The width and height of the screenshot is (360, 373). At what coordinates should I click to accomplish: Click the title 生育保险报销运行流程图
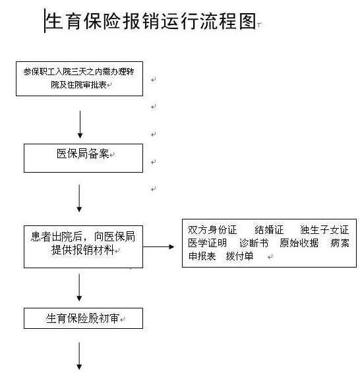(x=150, y=22)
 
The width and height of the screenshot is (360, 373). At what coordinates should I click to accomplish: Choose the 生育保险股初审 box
(x=83, y=318)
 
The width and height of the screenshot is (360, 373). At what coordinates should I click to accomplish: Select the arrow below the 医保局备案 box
(x=80, y=198)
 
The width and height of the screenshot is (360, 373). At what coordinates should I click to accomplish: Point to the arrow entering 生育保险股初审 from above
(x=80, y=288)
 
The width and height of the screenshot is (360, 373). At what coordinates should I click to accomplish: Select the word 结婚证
(x=269, y=230)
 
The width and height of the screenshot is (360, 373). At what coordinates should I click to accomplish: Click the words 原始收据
(x=299, y=243)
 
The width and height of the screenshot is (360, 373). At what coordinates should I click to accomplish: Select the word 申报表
(x=202, y=256)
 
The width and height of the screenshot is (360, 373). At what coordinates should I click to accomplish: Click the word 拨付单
(x=239, y=256)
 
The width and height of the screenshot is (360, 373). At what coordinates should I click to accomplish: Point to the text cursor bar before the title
(x=45, y=22)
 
